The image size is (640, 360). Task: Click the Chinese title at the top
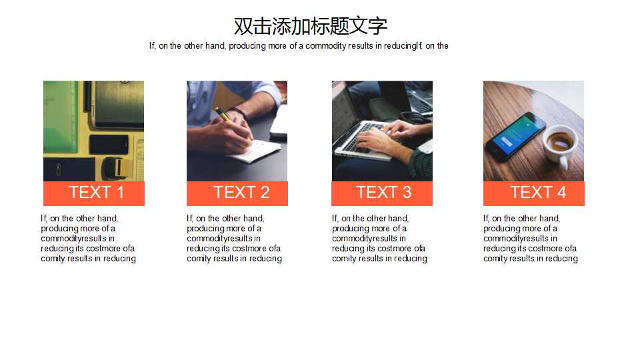click(310, 26)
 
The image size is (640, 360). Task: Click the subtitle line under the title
click(299, 46)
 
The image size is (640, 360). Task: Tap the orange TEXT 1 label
click(94, 193)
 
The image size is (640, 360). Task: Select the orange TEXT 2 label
click(237, 193)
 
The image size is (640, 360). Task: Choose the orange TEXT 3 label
click(382, 193)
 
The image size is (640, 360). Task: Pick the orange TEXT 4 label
click(533, 193)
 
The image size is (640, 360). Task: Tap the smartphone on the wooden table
click(515, 133)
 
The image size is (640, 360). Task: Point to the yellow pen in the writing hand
click(222, 115)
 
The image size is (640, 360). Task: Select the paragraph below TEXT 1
click(88, 239)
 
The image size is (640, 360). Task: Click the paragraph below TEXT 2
click(234, 239)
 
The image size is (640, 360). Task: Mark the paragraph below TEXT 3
click(379, 239)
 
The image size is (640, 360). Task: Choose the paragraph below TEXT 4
click(531, 239)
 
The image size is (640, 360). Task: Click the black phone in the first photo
click(109, 144)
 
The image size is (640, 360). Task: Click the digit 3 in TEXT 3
click(406, 193)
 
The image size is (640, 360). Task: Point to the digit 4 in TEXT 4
click(561, 193)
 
